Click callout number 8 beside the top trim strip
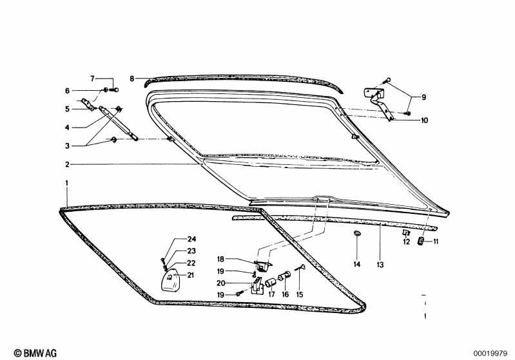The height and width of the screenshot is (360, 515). pyautogui.click(x=131, y=79)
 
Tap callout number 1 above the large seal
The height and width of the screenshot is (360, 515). pyautogui.click(x=66, y=183)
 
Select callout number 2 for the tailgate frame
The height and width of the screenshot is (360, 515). pyautogui.click(x=67, y=164)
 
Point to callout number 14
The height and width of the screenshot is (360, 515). pyautogui.click(x=356, y=264)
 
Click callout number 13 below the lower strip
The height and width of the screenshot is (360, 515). pyautogui.click(x=380, y=265)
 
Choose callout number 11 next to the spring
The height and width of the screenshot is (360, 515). pyautogui.click(x=436, y=242)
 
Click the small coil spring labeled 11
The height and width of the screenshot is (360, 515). pyautogui.click(x=420, y=241)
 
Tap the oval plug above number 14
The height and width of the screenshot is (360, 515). pyautogui.click(x=356, y=233)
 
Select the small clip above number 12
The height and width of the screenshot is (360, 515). pyautogui.click(x=406, y=232)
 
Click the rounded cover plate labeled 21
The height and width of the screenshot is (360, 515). pyautogui.click(x=171, y=282)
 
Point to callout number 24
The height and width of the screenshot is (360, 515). pyautogui.click(x=191, y=239)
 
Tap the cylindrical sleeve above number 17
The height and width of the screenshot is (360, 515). pyautogui.click(x=270, y=282)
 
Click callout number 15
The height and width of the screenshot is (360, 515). pyautogui.click(x=300, y=295)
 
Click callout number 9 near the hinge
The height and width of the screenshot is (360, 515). pyautogui.click(x=423, y=97)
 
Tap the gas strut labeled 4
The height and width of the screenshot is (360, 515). pyautogui.click(x=118, y=123)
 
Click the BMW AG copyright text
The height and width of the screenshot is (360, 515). pyautogui.click(x=35, y=353)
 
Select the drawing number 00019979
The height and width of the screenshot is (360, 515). pyautogui.click(x=491, y=354)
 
